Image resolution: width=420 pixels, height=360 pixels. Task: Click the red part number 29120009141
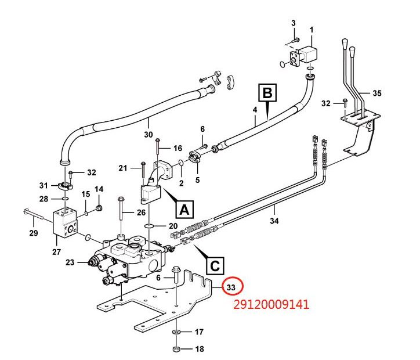pos(271,304)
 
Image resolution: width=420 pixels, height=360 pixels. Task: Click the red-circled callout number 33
pos(231,287)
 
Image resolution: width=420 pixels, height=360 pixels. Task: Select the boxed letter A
pos(184,210)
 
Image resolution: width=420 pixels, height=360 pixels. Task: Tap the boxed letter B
pos(267,93)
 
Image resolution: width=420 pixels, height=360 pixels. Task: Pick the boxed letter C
pos(215,266)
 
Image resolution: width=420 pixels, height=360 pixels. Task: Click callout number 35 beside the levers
pos(377,93)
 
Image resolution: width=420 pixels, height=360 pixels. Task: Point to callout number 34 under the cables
pos(274,221)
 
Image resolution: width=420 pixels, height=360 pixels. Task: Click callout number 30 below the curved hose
pos(149,134)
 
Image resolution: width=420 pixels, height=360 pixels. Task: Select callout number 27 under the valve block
pos(56,251)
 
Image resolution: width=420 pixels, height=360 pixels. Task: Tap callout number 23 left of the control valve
pos(70,262)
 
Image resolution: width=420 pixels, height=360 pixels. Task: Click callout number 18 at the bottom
pos(200,349)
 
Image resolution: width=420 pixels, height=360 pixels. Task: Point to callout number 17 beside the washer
pos(199,332)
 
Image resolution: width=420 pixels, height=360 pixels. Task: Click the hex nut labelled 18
pos(176,349)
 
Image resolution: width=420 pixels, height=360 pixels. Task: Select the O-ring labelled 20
pos(150,226)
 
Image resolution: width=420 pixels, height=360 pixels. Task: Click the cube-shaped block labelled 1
pos(307,56)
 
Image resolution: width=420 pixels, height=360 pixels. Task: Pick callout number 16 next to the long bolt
pos(178,148)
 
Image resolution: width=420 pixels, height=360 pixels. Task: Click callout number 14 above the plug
pos(99,189)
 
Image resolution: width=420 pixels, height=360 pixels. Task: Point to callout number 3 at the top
pos(294,23)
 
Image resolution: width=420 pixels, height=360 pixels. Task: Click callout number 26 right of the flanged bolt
pos(141,213)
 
